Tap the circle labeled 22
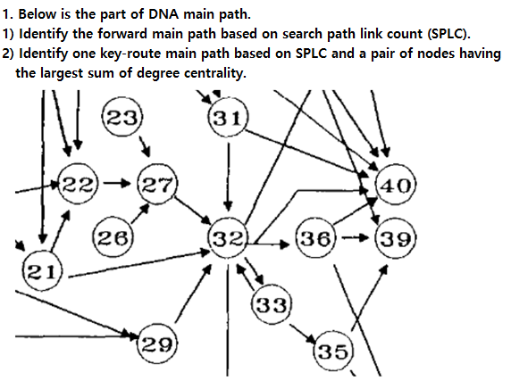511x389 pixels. [78, 185]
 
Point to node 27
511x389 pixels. [157, 185]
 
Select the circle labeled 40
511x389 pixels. [397, 186]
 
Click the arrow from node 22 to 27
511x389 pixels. [117, 185]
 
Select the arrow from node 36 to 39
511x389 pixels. [354, 239]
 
